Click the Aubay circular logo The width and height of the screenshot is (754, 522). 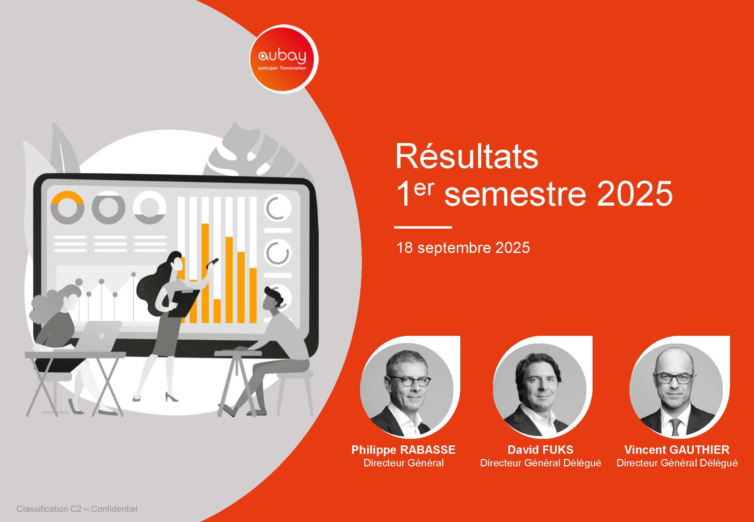tap(284, 59)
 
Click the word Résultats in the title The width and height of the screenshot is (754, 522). tap(467, 157)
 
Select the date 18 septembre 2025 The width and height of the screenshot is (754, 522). tap(463, 248)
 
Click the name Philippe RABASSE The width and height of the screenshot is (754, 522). tap(403, 450)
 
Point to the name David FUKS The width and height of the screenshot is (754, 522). tap(540, 450)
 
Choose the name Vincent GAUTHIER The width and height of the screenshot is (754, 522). tap(677, 450)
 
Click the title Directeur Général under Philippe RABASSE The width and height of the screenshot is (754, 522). tap(403, 463)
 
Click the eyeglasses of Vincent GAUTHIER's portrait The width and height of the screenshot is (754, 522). tap(674, 378)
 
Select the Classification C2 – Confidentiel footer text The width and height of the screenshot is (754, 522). tap(77, 509)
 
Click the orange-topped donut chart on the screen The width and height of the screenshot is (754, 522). tap(67, 207)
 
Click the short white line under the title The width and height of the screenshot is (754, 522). tap(423, 227)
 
